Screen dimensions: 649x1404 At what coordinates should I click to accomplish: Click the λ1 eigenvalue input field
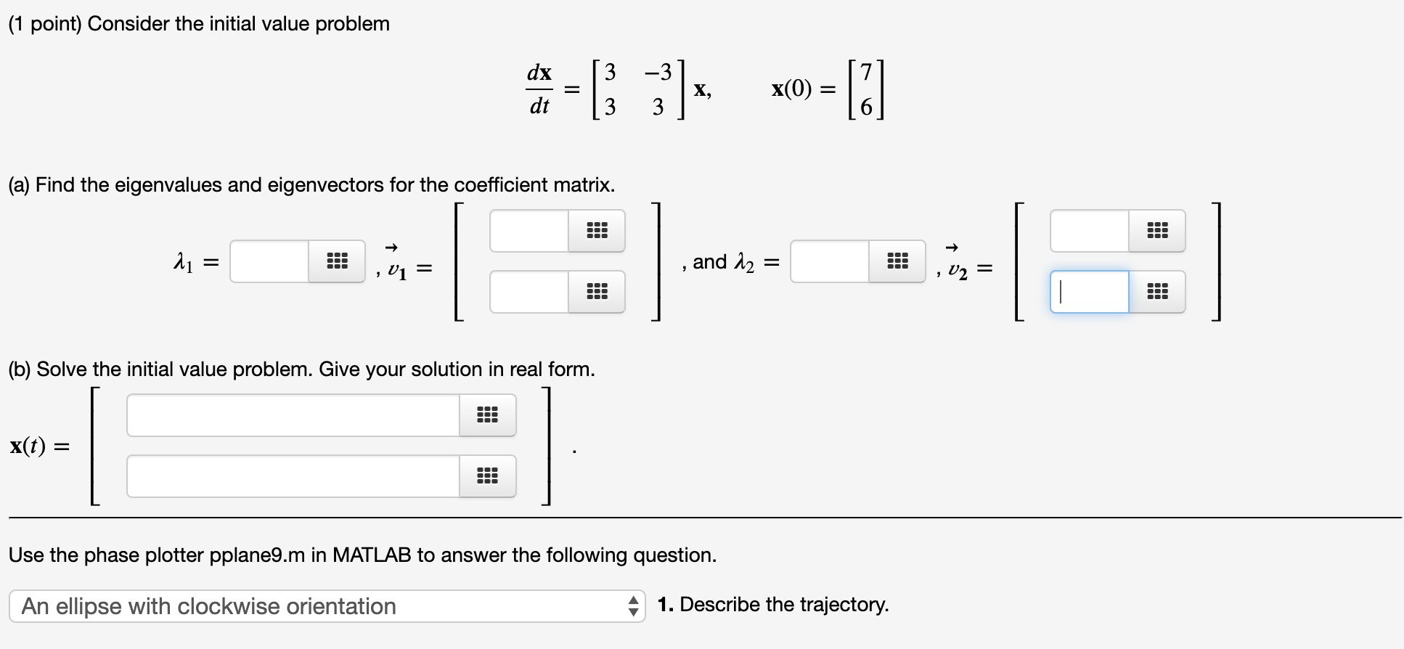pos(269,261)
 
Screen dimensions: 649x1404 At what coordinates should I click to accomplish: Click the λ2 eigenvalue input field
pos(830,261)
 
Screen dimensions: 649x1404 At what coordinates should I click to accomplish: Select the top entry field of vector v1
pos(529,231)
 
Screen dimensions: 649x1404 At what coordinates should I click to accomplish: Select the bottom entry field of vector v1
pos(529,292)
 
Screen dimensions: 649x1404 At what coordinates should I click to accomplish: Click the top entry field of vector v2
pos(1090,231)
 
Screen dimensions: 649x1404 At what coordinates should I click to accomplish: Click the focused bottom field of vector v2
pos(1090,292)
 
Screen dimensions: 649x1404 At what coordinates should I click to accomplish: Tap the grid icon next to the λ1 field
pos(336,261)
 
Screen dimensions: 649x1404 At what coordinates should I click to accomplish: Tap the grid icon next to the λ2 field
pos(897,261)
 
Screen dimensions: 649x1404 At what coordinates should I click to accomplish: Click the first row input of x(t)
pos(293,415)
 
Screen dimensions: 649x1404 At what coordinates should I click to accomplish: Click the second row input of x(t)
pos(293,476)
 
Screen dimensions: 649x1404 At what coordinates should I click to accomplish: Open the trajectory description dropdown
pos(327,606)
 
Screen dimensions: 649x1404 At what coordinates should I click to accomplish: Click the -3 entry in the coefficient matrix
pos(657,73)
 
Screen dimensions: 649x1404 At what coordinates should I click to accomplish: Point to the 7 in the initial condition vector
pos(865,73)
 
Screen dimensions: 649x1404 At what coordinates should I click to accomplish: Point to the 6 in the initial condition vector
pos(865,107)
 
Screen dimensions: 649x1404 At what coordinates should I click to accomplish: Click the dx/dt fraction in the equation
pos(539,89)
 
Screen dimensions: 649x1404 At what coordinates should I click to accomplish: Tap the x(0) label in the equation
pos(791,89)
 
